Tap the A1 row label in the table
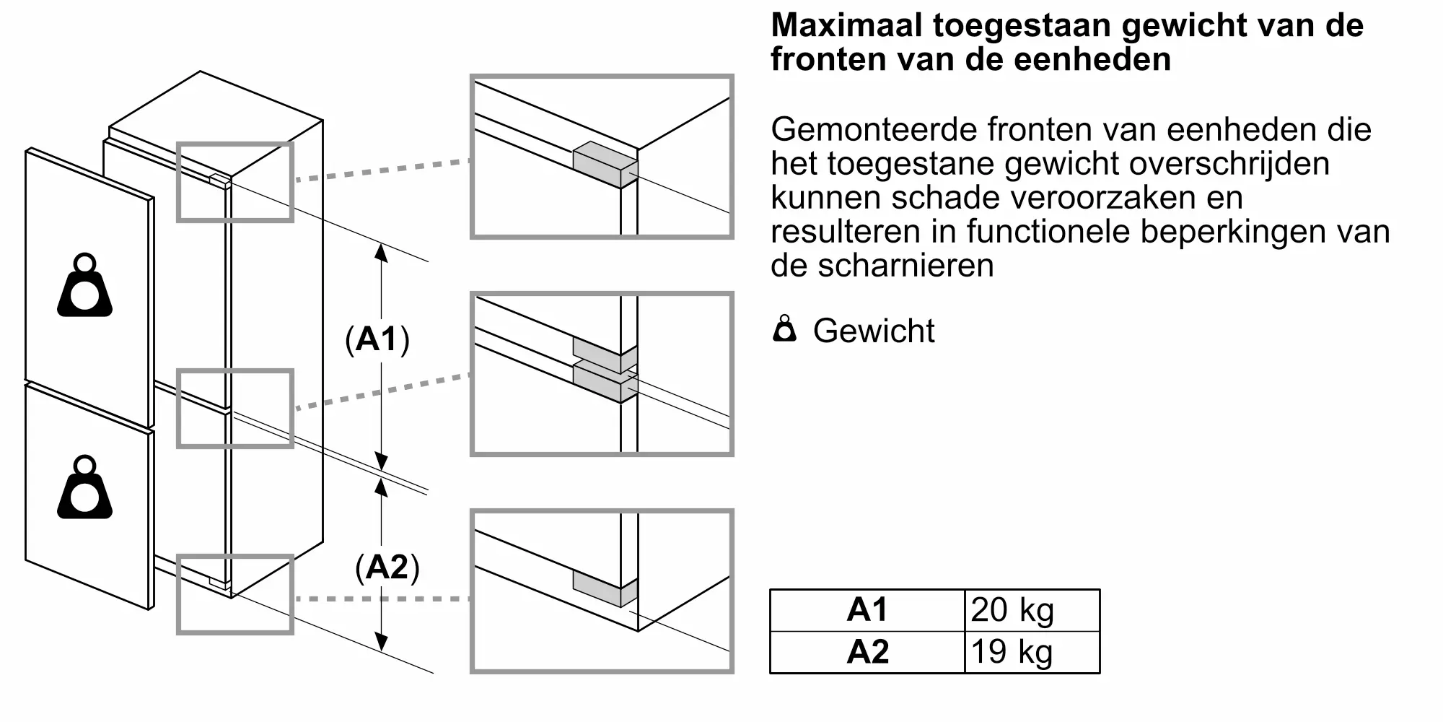click(x=867, y=611)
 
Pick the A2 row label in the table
click(x=867, y=653)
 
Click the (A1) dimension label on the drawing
click(x=377, y=339)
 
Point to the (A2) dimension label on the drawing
click(x=387, y=567)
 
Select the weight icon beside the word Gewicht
click(x=784, y=329)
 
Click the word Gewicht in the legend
click(x=874, y=331)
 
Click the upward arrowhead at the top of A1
click(x=382, y=253)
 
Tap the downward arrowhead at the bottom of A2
click(x=382, y=641)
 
